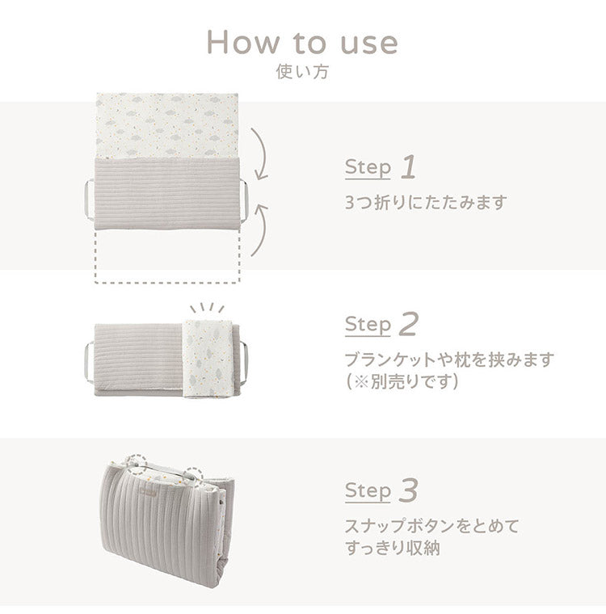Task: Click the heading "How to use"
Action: (x=302, y=41)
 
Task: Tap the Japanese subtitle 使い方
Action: (x=302, y=72)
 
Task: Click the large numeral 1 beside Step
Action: (x=409, y=168)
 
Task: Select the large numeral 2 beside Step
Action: (x=409, y=325)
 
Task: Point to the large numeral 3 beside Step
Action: (x=410, y=490)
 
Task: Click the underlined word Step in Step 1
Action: (x=368, y=168)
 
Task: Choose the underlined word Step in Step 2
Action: (x=368, y=325)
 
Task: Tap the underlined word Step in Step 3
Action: (x=368, y=490)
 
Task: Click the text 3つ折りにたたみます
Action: (x=426, y=202)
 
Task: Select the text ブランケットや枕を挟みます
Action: (x=450, y=360)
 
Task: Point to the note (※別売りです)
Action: (x=402, y=381)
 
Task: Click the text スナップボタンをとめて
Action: (x=432, y=526)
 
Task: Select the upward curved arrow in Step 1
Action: (x=260, y=231)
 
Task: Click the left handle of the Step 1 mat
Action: (x=89, y=194)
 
